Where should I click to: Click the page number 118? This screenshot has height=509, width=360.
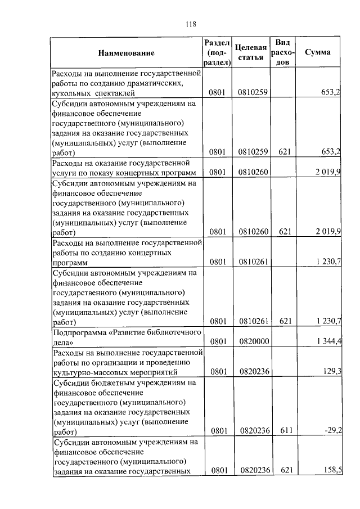tap(190, 24)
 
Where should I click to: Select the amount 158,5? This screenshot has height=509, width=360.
tap(331, 470)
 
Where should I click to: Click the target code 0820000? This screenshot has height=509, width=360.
tap(255, 341)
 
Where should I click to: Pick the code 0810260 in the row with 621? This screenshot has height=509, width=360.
tap(255, 231)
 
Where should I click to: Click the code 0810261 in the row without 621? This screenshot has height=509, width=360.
tap(255, 262)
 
